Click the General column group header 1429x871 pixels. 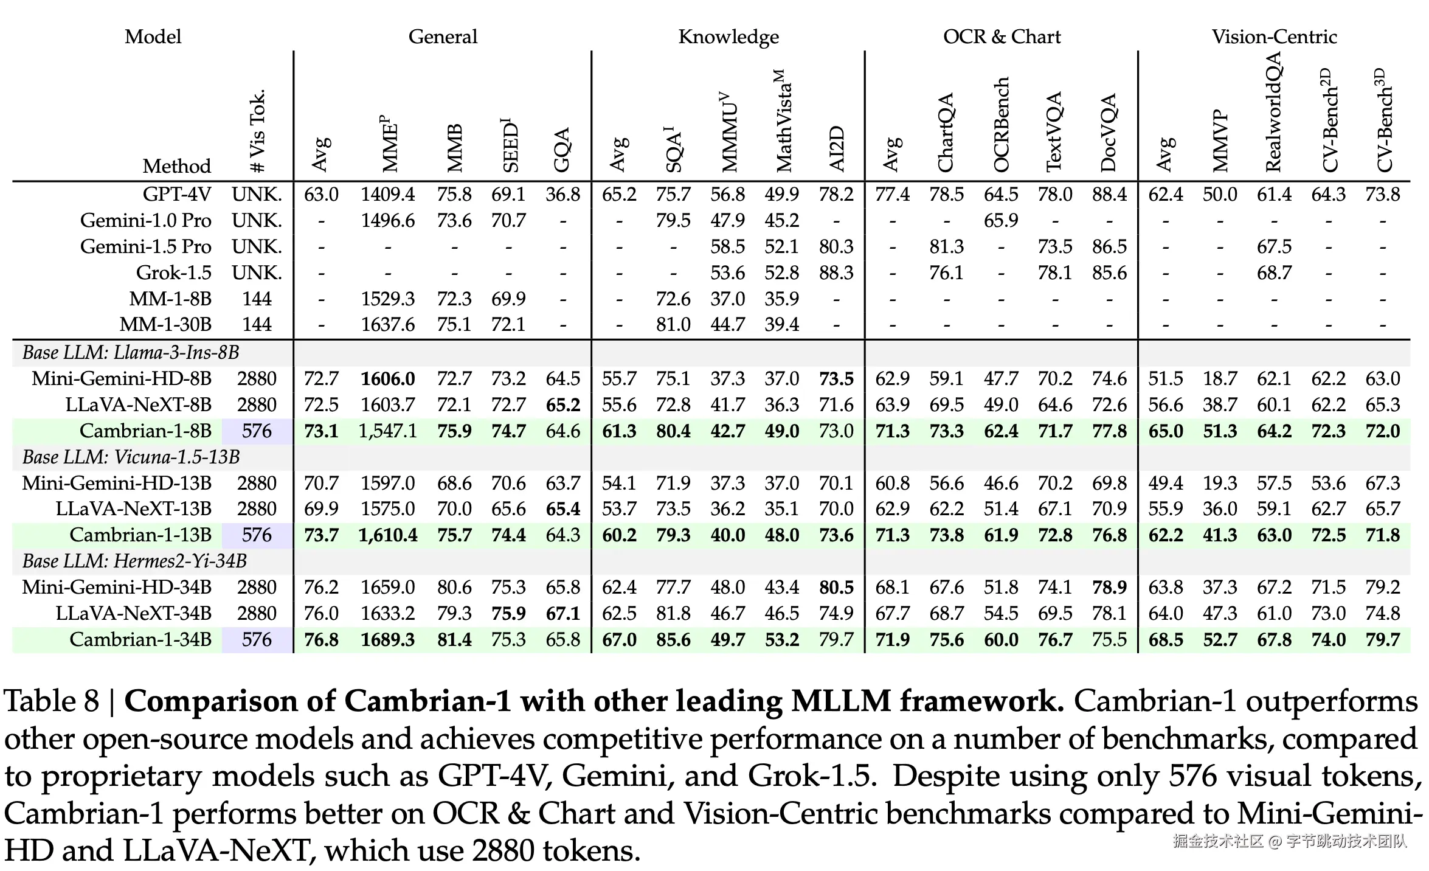tap(443, 36)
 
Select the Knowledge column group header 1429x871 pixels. tap(728, 36)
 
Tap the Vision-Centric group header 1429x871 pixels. tap(1274, 36)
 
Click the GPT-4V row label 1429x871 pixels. tap(176, 194)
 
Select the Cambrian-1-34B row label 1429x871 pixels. tap(140, 639)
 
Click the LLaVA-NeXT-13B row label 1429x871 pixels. tap(134, 508)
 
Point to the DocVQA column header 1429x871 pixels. tap(1109, 133)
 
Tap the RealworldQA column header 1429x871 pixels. tap(1273, 112)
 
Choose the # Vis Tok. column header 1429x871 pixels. tap(257, 131)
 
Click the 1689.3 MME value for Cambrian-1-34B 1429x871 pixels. tap(387, 639)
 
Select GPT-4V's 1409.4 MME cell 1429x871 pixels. tap(387, 194)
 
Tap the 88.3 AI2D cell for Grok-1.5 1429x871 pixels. tap(836, 272)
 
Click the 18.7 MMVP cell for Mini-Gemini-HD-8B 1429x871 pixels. tap(1219, 378)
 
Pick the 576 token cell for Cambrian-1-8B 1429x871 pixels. tap(257, 431)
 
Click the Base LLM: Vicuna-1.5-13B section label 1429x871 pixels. tap(131, 457)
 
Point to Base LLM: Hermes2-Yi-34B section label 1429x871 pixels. tap(134, 561)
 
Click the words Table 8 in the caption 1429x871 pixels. tap(51, 701)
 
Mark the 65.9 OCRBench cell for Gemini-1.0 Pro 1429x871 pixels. tap(1000, 220)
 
